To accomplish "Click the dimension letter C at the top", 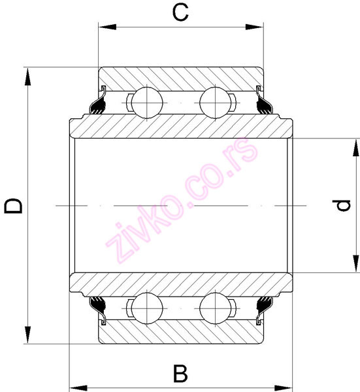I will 180,11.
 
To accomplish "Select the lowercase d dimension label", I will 340,206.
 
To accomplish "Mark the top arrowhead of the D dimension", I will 28,74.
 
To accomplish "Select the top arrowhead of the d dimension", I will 355,145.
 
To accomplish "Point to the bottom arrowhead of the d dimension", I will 355,265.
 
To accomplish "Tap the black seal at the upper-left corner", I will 99,105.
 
